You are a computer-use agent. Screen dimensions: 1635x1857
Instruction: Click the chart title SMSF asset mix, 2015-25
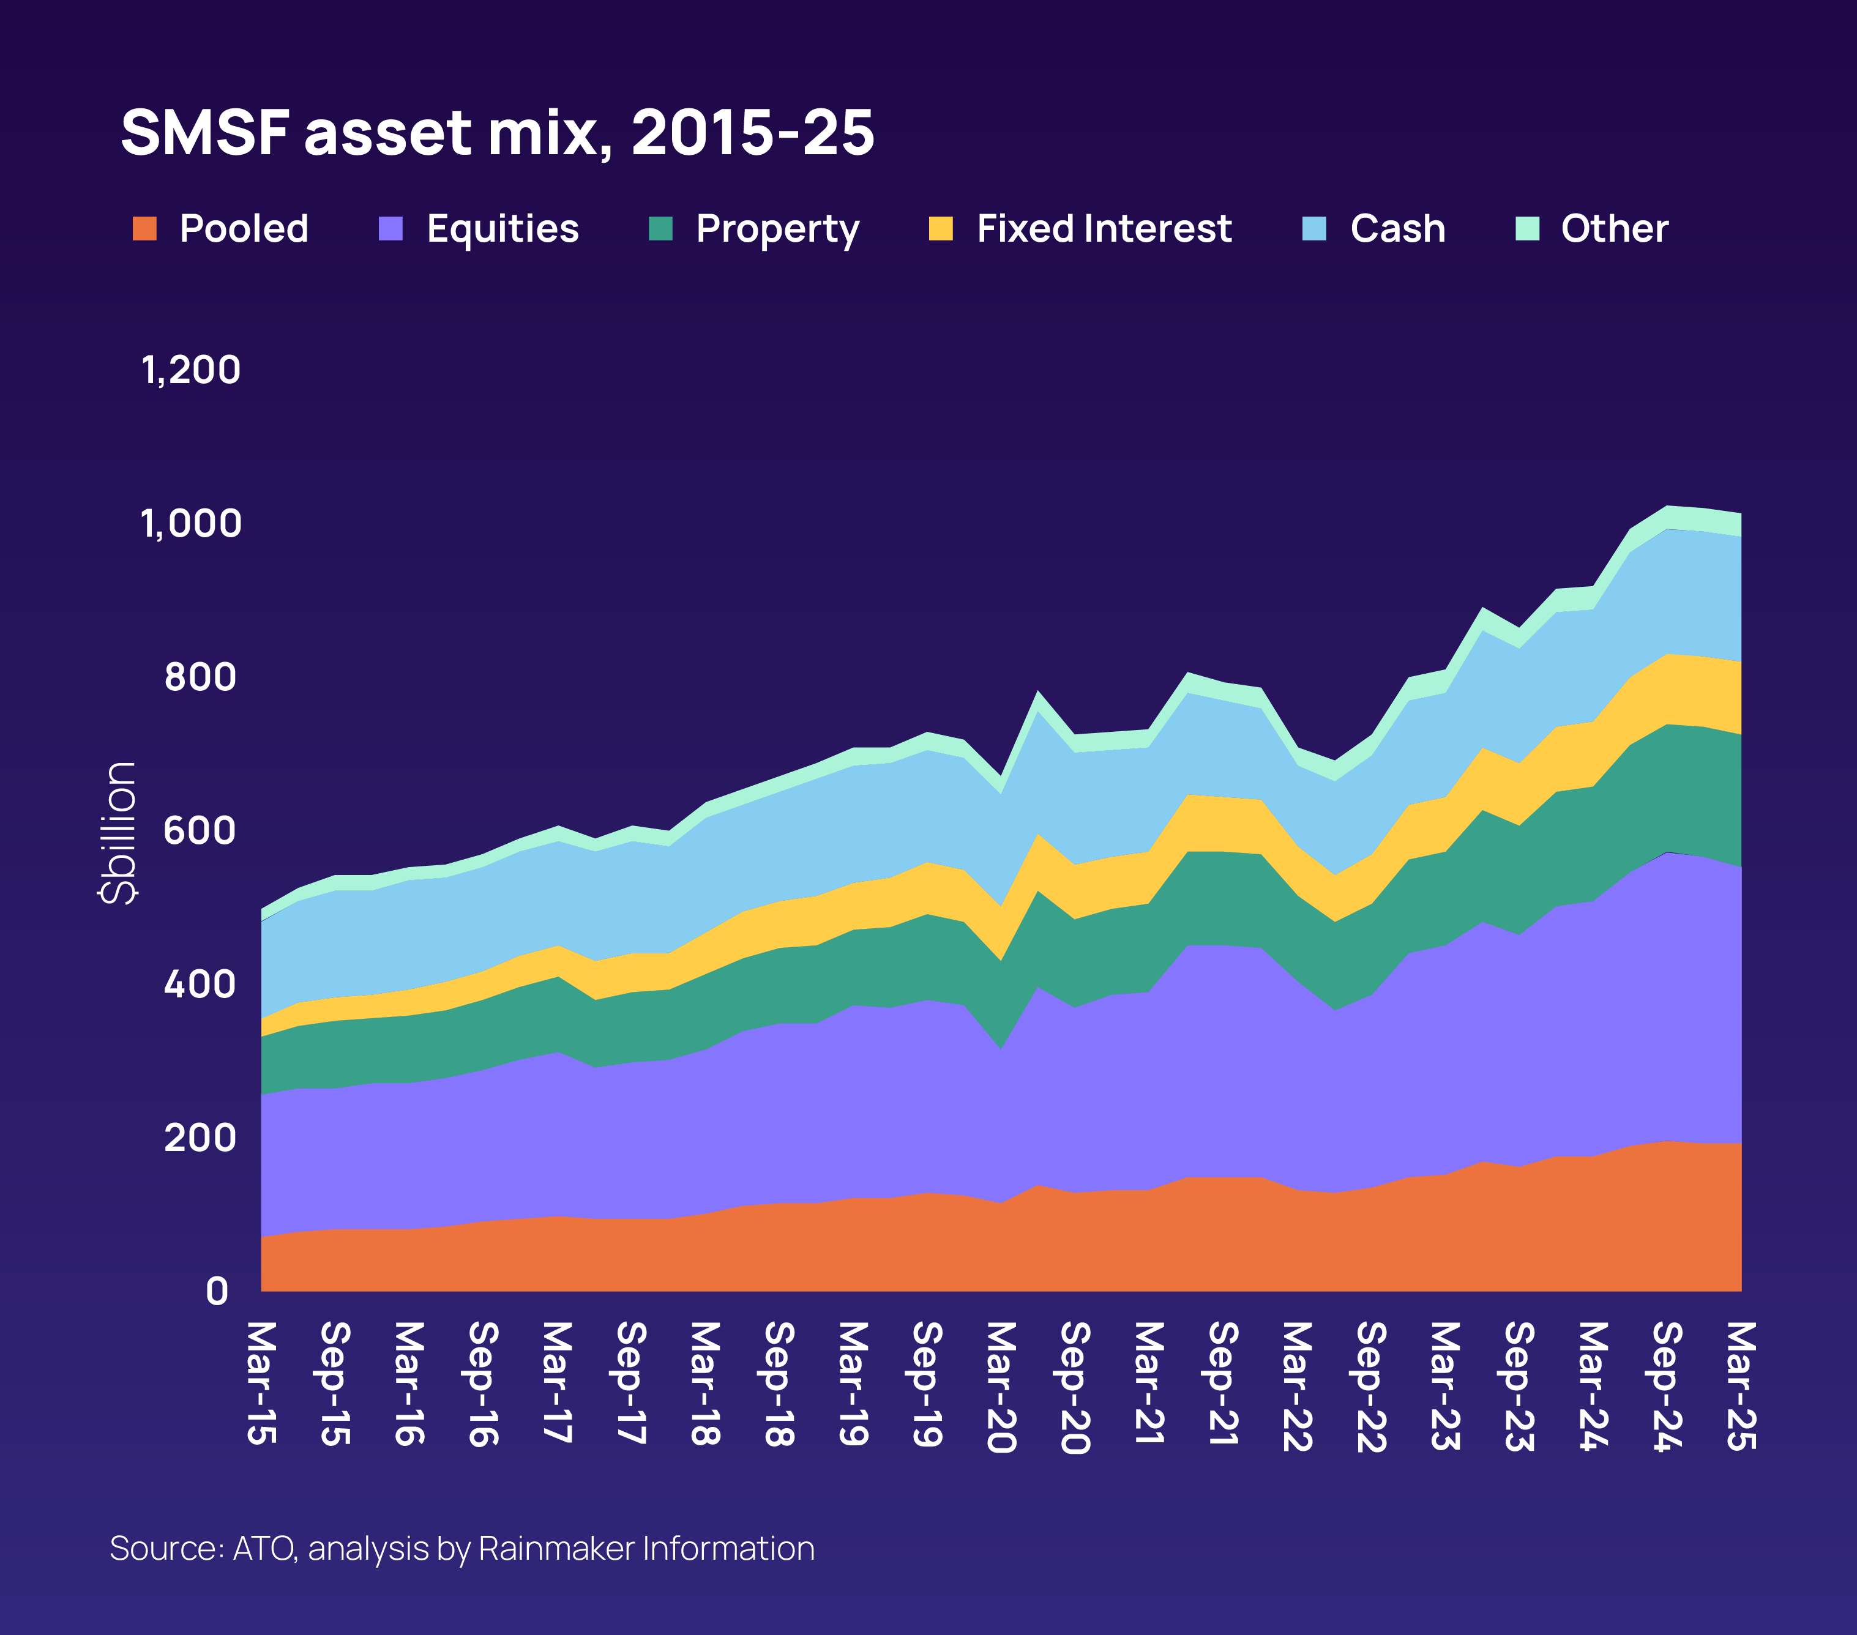pyautogui.click(x=497, y=133)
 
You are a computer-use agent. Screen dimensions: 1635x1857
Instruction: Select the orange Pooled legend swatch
pyautogui.click(x=144, y=229)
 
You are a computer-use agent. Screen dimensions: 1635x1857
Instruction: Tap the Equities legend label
pyautogui.click(x=503, y=229)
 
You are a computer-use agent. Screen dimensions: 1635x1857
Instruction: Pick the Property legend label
pyautogui.click(x=777, y=229)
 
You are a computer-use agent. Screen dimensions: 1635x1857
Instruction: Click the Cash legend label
pyautogui.click(x=1397, y=229)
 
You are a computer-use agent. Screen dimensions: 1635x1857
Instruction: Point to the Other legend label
pyautogui.click(x=1615, y=229)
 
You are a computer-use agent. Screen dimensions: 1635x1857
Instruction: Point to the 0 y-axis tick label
pyautogui.click(x=216, y=1290)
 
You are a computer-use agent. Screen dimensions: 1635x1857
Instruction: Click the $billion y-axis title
pyautogui.click(x=119, y=832)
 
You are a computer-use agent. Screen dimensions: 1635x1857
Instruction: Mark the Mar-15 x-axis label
pyautogui.click(x=261, y=1382)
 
